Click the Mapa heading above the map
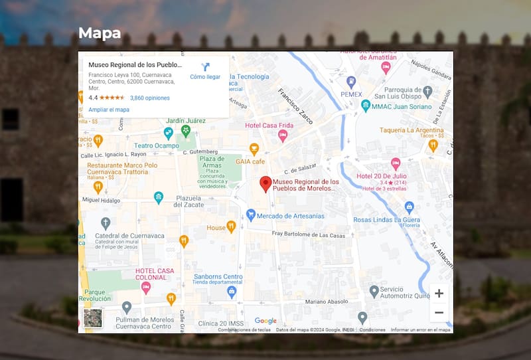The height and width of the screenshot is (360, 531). [x=100, y=33]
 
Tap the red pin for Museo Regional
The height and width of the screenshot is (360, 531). [x=265, y=184]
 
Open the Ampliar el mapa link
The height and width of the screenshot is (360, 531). [x=109, y=110]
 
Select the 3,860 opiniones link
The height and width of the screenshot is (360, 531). [x=149, y=98]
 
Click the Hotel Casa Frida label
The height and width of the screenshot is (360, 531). [x=269, y=126]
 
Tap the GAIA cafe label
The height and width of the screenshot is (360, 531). [x=250, y=161]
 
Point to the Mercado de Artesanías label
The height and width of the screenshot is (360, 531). [x=290, y=216]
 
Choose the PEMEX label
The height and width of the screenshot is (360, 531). [x=351, y=94]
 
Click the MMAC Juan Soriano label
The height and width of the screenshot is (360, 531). [x=402, y=106]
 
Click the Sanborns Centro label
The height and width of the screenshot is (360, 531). [x=218, y=276]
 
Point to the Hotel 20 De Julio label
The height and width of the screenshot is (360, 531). [x=382, y=176]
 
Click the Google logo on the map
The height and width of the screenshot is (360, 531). [x=265, y=321]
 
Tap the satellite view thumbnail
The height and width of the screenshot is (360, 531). [x=93, y=318]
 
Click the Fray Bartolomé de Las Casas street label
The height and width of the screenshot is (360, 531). [x=309, y=234]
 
